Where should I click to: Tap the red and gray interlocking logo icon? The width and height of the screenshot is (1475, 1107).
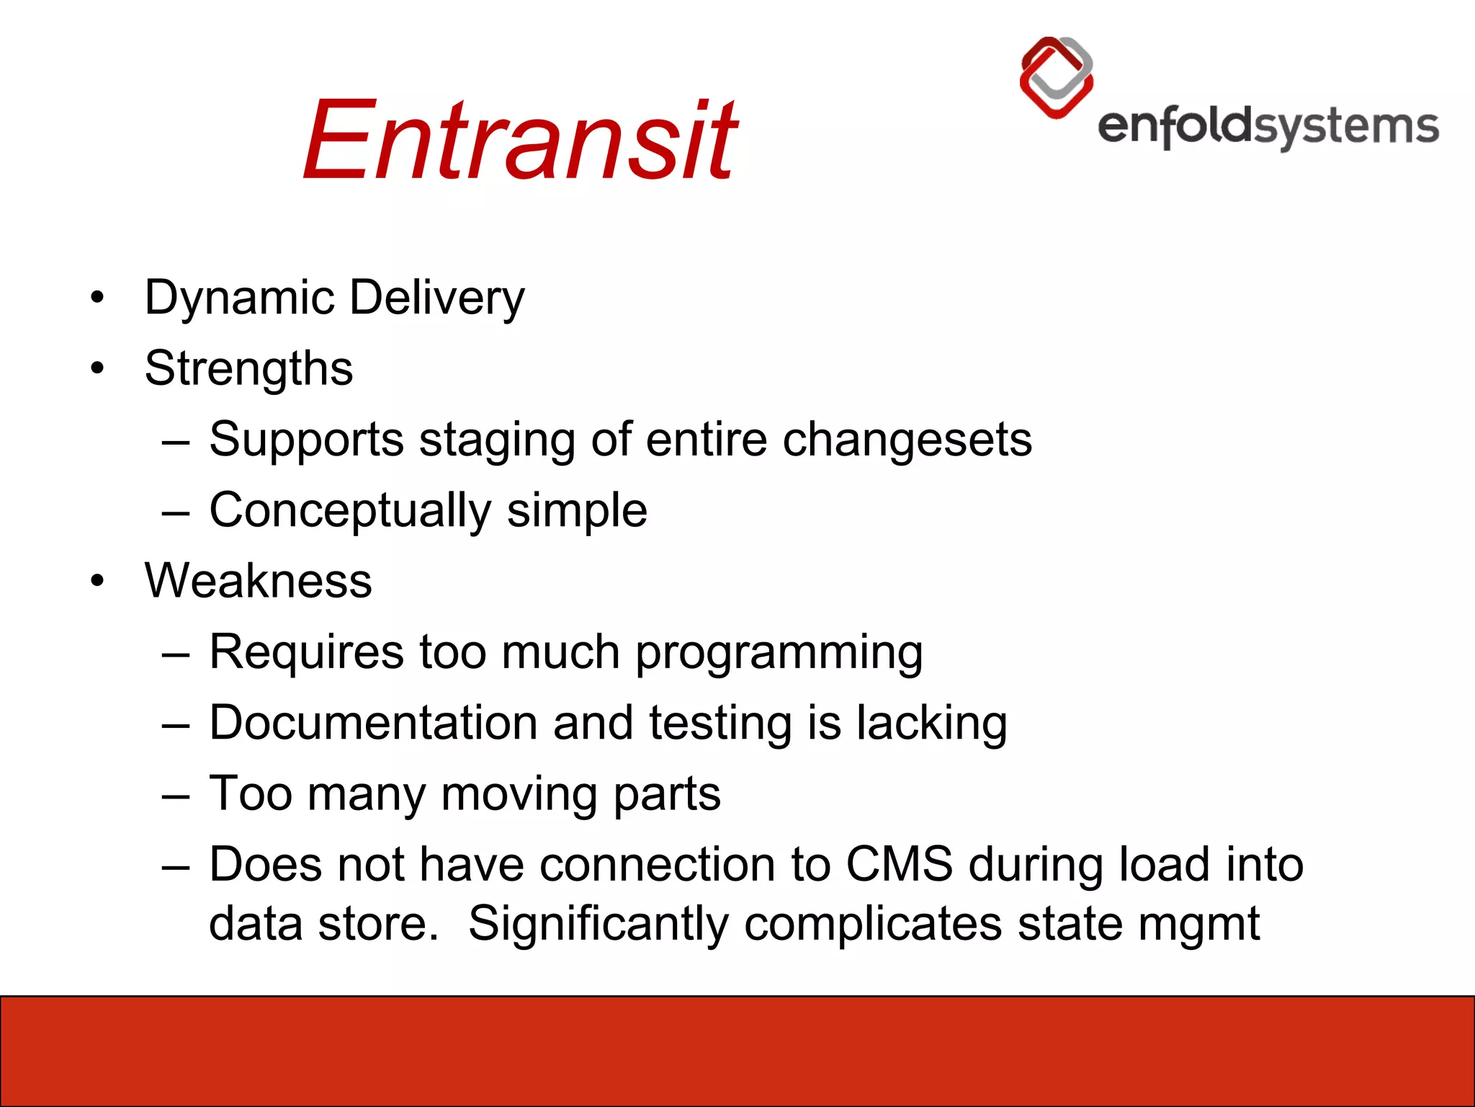(1057, 78)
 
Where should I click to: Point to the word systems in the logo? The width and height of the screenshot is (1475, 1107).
(1347, 128)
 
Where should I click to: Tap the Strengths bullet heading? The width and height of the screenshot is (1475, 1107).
(248, 368)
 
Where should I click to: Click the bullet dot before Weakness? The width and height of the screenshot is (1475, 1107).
(98, 581)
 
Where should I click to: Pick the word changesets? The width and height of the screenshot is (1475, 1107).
(907, 440)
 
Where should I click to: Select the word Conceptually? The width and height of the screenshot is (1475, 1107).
(350, 511)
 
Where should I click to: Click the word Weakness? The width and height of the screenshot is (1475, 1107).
(258, 581)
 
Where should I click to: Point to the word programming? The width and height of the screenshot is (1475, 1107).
(779, 653)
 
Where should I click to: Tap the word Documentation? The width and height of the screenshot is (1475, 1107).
(373, 723)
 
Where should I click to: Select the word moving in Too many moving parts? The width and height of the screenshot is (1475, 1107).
(519, 794)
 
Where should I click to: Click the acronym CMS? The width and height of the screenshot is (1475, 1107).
(899, 864)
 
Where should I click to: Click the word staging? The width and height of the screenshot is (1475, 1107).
(497, 441)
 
